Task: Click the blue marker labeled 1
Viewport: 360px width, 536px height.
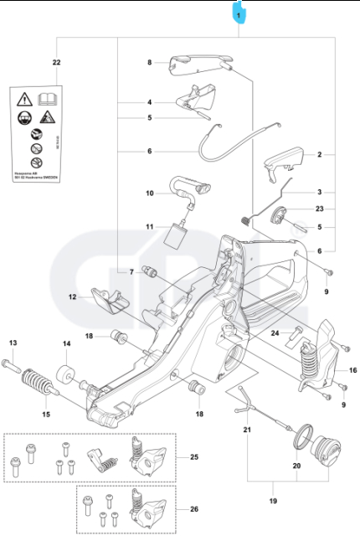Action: [239, 14]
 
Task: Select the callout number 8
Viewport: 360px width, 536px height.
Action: [150, 63]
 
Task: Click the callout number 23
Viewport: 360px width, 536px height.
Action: [319, 209]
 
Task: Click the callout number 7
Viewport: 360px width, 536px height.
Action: [131, 272]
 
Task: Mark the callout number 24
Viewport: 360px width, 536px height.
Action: [275, 333]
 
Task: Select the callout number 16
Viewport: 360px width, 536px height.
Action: [352, 369]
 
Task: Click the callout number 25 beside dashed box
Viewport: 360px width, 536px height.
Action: [194, 457]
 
